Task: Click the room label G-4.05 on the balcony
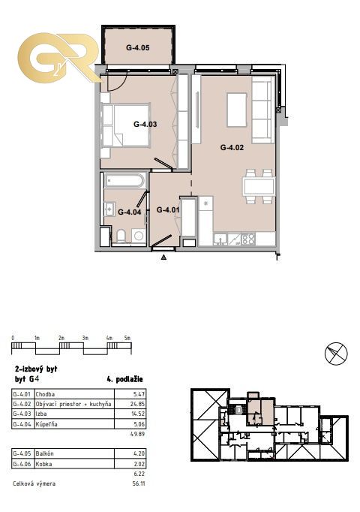click(x=137, y=48)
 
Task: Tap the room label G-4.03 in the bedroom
click(x=145, y=124)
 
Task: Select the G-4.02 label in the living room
click(x=232, y=148)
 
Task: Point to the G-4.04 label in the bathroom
click(x=130, y=212)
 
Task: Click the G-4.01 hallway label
click(x=168, y=209)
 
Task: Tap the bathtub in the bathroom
click(x=124, y=181)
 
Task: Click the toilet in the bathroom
click(x=121, y=236)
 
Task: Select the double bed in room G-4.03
click(x=125, y=125)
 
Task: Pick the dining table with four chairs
click(x=259, y=186)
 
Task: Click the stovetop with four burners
click(x=248, y=239)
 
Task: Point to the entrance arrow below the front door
click(x=164, y=258)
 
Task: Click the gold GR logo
click(x=58, y=58)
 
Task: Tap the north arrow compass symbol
click(x=336, y=354)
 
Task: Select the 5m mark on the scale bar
click(x=127, y=338)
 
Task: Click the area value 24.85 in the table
click(x=137, y=404)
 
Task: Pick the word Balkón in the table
click(x=45, y=453)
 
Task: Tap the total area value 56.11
click(x=139, y=483)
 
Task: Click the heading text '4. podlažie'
click(x=125, y=379)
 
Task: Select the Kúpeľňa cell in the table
click(x=46, y=424)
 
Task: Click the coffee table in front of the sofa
click(x=237, y=110)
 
